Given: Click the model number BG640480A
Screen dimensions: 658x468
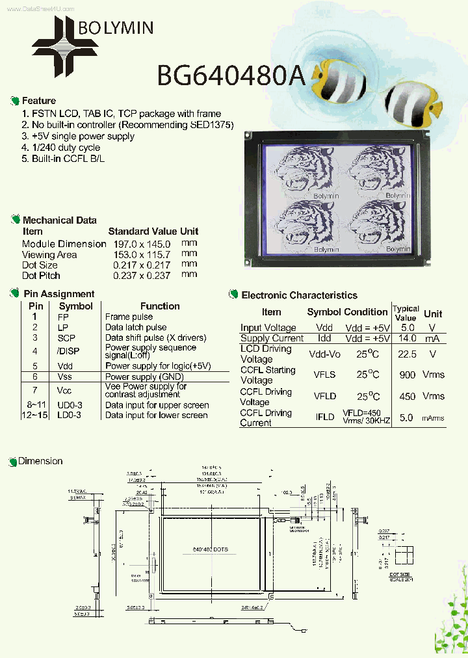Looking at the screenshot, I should click(231, 75).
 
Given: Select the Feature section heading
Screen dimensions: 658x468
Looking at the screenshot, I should click(38, 101).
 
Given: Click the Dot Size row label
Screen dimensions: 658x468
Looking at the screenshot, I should click(40, 265).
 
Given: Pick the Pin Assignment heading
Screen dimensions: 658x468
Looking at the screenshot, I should click(58, 294).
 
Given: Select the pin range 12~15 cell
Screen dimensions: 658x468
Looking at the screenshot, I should click(34, 415).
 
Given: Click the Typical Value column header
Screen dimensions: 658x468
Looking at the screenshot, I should click(406, 313).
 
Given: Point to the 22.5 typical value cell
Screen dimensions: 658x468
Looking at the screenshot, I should click(407, 354).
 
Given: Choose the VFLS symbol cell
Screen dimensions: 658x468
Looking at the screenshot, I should click(324, 375).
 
